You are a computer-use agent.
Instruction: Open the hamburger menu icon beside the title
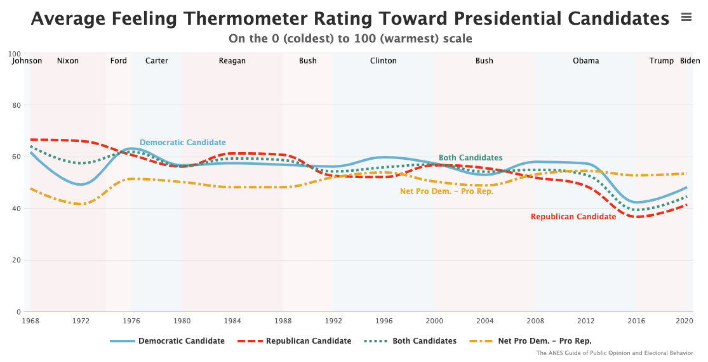click(x=686, y=17)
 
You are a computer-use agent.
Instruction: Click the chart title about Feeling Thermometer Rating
click(x=350, y=18)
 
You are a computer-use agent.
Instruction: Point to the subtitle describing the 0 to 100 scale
click(x=350, y=39)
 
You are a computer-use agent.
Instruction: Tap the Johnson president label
click(x=27, y=61)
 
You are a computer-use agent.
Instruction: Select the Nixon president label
click(x=68, y=61)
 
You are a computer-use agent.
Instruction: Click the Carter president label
click(x=157, y=61)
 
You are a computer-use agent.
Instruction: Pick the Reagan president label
click(x=232, y=61)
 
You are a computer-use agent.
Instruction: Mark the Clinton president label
click(x=384, y=61)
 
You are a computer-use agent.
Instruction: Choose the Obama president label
click(x=585, y=61)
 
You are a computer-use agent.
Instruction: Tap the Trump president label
click(x=662, y=61)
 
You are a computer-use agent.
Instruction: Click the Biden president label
click(x=690, y=61)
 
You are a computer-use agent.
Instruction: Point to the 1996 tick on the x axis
click(x=384, y=321)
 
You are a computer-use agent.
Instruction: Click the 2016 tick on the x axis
click(x=636, y=321)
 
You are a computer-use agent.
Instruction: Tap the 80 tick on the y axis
click(x=17, y=105)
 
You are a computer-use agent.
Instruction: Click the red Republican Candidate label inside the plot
click(x=573, y=217)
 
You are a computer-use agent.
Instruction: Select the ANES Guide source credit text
click(x=615, y=353)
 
